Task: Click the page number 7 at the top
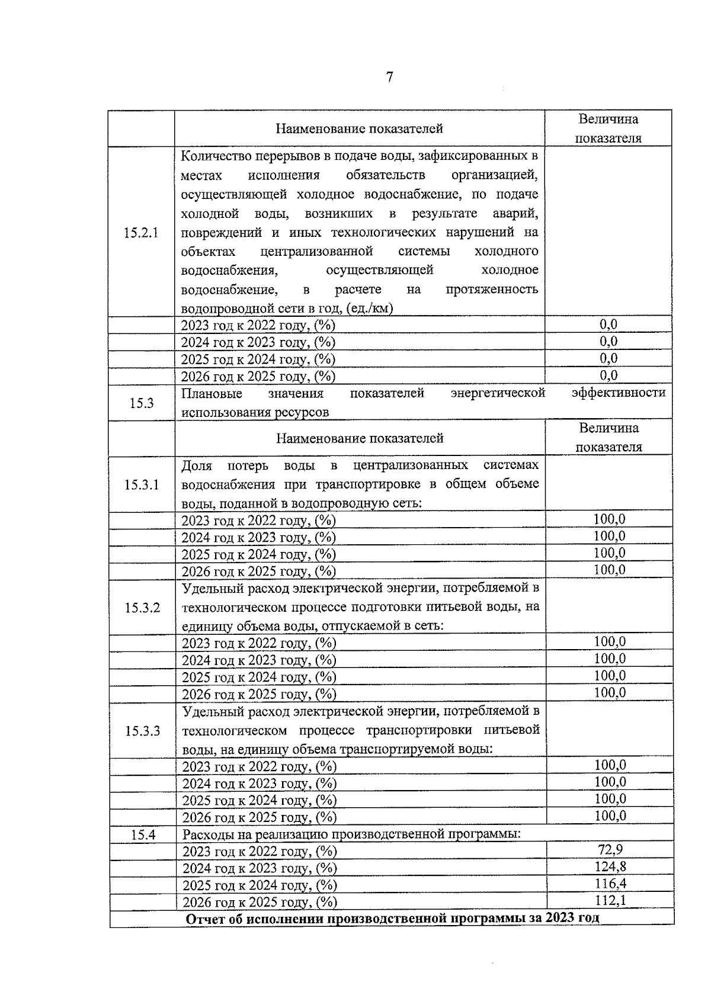click(389, 78)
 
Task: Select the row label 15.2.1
click(141, 232)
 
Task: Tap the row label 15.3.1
click(142, 485)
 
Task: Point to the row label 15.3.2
click(142, 608)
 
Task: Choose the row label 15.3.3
click(142, 731)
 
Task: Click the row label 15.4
click(143, 835)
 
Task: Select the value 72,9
click(610, 850)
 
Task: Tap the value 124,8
click(610, 867)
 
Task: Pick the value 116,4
click(610, 884)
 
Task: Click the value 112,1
click(610, 901)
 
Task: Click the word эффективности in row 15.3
click(619, 393)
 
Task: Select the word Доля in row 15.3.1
click(197, 465)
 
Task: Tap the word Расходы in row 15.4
click(207, 835)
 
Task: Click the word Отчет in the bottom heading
click(204, 919)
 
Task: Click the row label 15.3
click(142, 403)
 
